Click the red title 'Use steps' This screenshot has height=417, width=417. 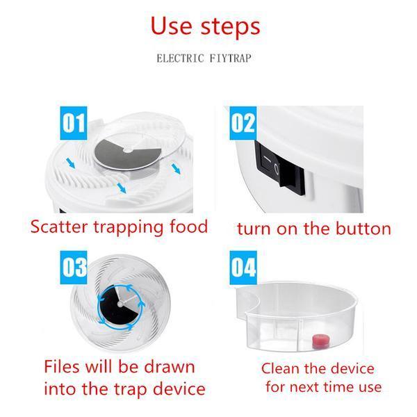point(205,27)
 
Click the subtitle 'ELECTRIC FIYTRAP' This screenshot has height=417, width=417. point(204,58)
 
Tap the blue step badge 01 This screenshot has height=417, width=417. point(74,123)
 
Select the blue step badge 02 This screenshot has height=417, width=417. point(243,123)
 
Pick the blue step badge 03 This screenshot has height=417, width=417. point(74,268)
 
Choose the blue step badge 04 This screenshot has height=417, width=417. point(243,268)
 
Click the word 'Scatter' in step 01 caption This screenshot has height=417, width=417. point(59,227)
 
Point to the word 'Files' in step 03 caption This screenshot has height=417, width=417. point(63,366)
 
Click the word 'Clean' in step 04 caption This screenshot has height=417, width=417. point(281,368)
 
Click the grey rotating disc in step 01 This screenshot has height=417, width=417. point(128,154)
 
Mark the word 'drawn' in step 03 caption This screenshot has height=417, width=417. point(170,366)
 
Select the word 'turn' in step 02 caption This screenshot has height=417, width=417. point(254,229)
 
